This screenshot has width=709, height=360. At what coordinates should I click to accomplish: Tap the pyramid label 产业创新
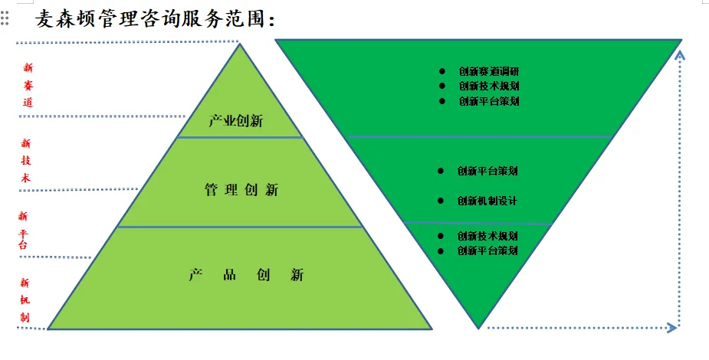point(236,121)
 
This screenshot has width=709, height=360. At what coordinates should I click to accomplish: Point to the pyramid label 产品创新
point(246,275)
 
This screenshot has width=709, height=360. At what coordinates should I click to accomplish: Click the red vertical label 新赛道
point(28,84)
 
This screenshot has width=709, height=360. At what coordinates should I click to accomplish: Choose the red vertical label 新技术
point(27,160)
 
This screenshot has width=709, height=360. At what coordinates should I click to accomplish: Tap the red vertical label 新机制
point(25,299)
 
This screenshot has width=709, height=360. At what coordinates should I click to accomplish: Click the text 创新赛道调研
point(489,71)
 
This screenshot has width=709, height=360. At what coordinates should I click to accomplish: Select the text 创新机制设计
point(487,201)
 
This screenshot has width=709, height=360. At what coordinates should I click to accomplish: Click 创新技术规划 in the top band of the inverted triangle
point(489,86)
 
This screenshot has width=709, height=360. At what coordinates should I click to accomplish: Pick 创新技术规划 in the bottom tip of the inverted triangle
point(487,236)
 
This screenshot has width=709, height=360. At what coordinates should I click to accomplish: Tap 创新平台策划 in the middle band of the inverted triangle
point(487,171)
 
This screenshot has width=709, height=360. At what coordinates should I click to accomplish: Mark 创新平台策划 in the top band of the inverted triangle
point(489,101)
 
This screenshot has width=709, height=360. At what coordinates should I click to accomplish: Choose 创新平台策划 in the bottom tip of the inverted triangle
point(487,250)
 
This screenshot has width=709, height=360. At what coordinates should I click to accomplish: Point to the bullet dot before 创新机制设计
point(441,201)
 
